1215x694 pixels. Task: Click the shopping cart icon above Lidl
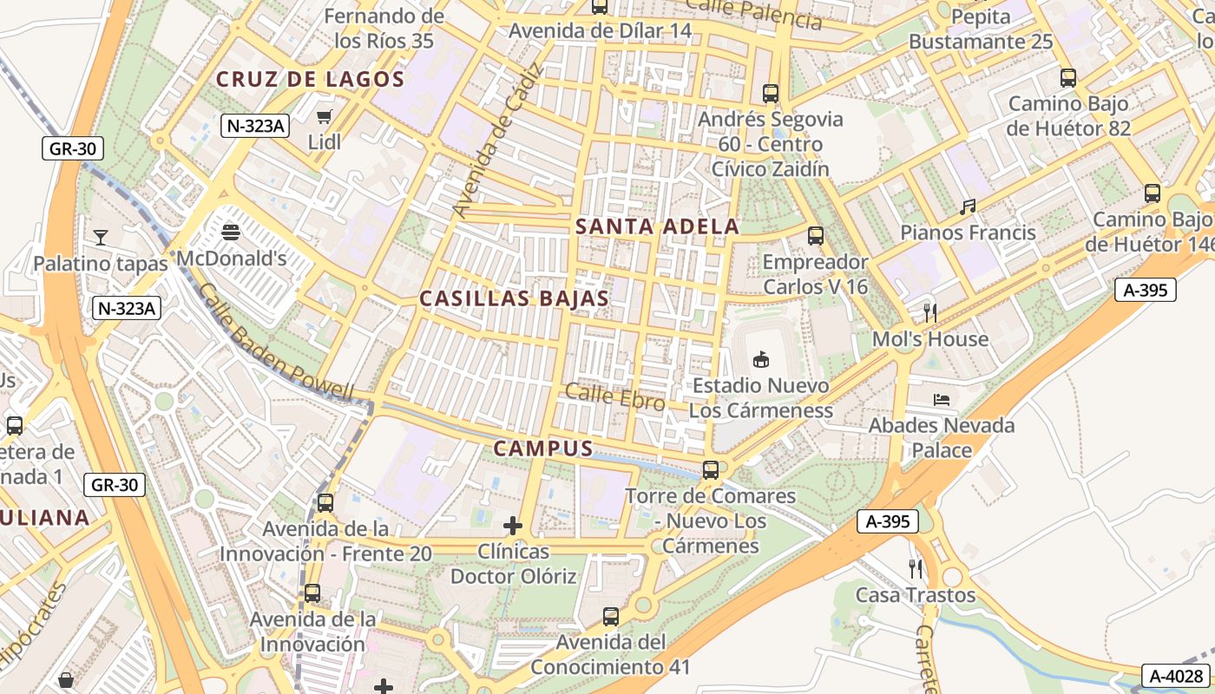pos(325,117)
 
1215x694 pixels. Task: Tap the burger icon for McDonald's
pos(231,232)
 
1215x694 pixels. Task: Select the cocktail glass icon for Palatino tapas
pos(101,237)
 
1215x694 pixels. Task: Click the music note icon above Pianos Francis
pos(968,207)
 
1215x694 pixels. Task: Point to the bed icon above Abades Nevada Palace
pos(942,400)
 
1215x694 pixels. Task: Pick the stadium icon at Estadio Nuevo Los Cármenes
pos(761,359)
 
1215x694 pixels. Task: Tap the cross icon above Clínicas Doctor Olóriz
pos(513,526)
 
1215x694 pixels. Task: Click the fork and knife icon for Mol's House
pos(930,312)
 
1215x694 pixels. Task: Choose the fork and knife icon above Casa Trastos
pos(916,569)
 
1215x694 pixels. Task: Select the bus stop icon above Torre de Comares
pos(711,470)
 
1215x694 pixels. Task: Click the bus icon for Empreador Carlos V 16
pos(816,235)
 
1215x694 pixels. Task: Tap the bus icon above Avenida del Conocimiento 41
pos(611,617)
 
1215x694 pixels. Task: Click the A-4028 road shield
pos(1175,676)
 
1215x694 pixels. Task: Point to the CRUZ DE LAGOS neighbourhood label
pos(311,80)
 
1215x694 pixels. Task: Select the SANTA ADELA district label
pos(658,227)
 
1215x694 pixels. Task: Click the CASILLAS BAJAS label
pos(514,298)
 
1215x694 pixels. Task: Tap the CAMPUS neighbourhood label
pos(543,448)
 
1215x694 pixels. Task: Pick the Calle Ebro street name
pos(615,398)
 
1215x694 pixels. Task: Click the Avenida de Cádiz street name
pos(496,141)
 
